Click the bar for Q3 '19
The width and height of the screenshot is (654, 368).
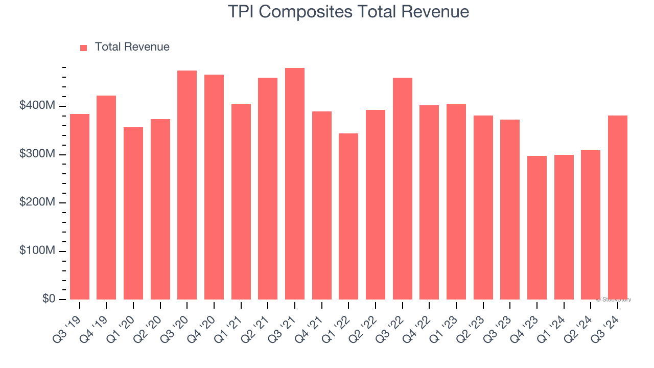(x=80, y=206)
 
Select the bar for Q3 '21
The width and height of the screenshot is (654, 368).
(x=295, y=183)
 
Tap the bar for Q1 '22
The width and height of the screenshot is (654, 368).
(x=348, y=216)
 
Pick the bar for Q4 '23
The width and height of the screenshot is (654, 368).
(x=537, y=227)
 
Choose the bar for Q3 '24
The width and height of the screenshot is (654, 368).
(x=618, y=208)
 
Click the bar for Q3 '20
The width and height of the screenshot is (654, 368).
(x=187, y=185)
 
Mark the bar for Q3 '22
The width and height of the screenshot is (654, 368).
(x=403, y=189)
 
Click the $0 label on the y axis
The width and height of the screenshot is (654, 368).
(x=49, y=299)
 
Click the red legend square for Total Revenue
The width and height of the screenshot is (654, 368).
(x=84, y=48)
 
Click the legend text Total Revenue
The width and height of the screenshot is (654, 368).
(x=132, y=47)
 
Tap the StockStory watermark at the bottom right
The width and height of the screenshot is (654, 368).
(x=614, y=300)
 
